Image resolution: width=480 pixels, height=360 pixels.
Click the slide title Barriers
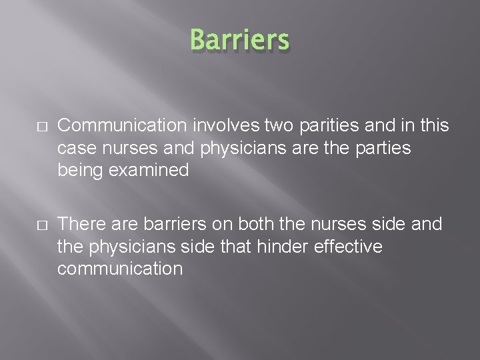[240, 40]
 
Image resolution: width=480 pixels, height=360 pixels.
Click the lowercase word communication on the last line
[120, 269]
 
